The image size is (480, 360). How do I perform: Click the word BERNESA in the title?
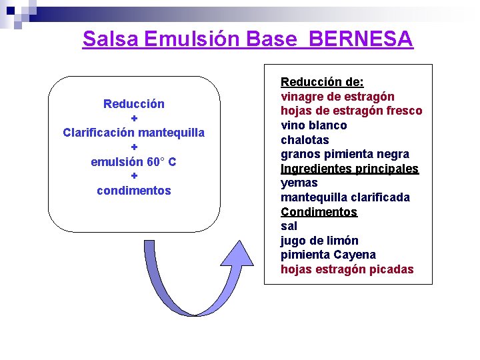[361, 39]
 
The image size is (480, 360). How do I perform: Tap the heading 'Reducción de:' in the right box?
[322, 82]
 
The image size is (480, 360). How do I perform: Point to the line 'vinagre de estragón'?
[337, 97]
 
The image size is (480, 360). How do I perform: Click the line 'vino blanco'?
[313, 125]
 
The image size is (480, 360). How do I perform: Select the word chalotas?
[305, 140]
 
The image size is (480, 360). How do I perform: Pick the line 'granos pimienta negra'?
[345, 154]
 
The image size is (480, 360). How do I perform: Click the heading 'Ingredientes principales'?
[349, 169]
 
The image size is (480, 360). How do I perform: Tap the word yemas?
[299, 183]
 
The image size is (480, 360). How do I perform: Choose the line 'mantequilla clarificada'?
[345, 197]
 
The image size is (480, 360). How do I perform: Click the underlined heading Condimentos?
[319, 212]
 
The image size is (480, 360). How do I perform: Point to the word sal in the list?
[289, 226]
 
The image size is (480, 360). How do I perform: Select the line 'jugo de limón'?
[319, 241]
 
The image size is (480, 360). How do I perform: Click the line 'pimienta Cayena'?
[328, 255]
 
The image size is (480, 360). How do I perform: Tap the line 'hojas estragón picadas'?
[347, 269]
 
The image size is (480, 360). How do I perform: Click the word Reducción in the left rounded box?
[134, 104]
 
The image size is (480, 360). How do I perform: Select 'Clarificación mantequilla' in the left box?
[134, 133]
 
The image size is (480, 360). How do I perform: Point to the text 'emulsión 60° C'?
[134, 162]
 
